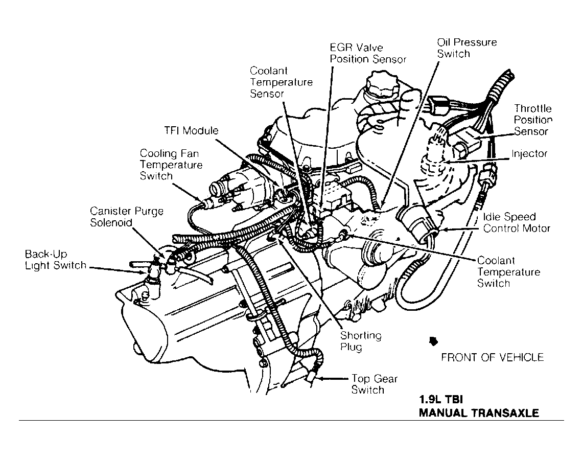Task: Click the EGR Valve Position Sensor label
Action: pyautogui.click(x=368, y=53)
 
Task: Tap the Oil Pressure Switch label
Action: pyautogui.click(x=467, y=48)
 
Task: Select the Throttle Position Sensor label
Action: pyautogui.click(x=533, y=120)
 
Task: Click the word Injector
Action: pyautogui.click(x=529, y=154)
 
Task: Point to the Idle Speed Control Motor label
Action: pyautogui.click(x=517, y=222)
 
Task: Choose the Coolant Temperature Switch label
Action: pyautogui.click(x=508, y=272)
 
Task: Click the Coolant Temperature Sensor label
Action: pyautogui.click(x=281, y=82)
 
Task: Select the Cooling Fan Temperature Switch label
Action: pyautogui.click(x=171, y=165)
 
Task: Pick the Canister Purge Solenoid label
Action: pyautogui.click(x=127, y=217)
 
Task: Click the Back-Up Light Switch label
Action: pyautogui.click(x=55, y=260)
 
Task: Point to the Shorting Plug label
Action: pyautogui.click(x=361, y=341)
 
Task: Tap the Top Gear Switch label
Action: pyautogui.click(x=374, y=384)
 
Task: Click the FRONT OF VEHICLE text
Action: pyautogui.click(x=492, y=357)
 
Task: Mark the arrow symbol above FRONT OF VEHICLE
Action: pyautogui.click(x=433, y=340)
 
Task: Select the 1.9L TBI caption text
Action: pyautogui.click(x=441, y=399)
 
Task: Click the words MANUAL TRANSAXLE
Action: pyautogui.click(x=478, y=413)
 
